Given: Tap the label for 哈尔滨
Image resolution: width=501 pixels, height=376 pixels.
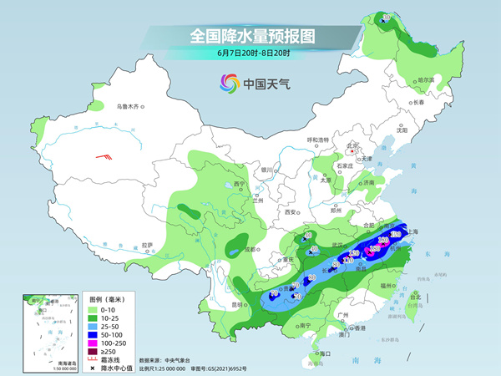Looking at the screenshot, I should pyautogui.click(x=425, y=80).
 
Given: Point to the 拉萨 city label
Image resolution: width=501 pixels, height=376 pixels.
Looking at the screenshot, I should pyautogui.click(x=148, y=246).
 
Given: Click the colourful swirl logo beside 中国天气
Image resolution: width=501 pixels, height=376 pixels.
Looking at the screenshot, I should pyautogui.click(x=227, y=83).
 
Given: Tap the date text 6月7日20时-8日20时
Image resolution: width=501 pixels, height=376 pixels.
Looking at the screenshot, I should pyautogui.click(x=250, y=53).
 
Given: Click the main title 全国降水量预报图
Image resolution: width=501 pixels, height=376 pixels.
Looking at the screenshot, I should pyautogui.click(x=250, y=36).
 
